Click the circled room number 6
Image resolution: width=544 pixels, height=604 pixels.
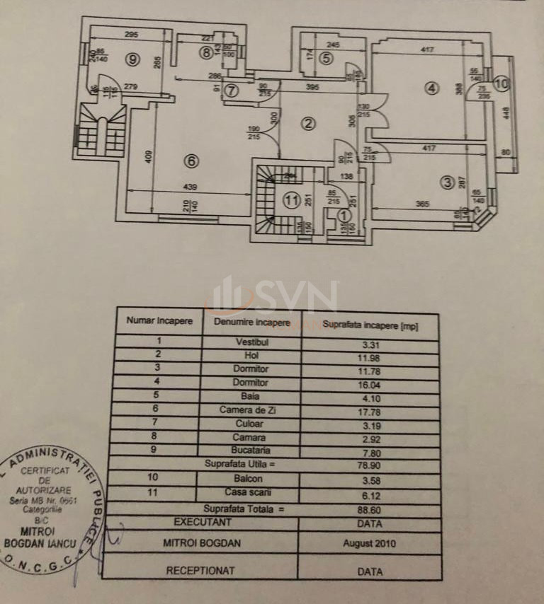190,161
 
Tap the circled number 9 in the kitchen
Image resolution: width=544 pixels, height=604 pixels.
132,59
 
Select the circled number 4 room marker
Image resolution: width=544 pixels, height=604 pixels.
432,88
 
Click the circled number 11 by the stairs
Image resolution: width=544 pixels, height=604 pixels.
291,200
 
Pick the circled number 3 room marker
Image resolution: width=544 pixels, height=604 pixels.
446,182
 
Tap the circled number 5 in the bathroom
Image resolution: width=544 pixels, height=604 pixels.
325,59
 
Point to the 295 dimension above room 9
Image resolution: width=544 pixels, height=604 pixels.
131,35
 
